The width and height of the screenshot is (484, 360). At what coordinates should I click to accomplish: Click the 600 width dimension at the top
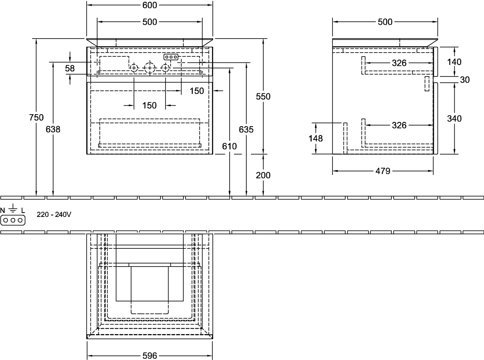coord(150,5)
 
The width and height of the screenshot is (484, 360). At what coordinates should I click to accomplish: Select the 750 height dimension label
coord(36,117)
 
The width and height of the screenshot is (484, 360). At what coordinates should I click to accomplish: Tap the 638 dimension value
coord(53,129)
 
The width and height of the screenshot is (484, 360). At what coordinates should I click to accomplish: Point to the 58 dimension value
coord(70,68)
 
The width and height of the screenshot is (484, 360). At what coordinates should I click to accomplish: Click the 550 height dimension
coord(263,97)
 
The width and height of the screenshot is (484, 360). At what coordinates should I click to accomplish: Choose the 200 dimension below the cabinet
coord(263,175)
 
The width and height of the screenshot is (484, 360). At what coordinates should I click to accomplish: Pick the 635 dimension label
coord(246,129)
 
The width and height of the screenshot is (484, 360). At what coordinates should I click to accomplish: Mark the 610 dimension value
coord(229,146)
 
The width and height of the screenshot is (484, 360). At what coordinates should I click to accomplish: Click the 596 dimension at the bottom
coord(150,356)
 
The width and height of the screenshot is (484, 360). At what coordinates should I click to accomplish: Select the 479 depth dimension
coord(383,171)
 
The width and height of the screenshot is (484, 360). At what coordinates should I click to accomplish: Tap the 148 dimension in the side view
coord(315,138)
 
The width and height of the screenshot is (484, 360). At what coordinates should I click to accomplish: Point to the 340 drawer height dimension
coord(454,118)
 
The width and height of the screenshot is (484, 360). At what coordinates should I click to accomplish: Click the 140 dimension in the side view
coord(454,62)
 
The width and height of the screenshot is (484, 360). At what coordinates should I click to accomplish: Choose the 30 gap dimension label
coord(465,80)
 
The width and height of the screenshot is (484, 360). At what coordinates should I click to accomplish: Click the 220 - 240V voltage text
coord(54,214)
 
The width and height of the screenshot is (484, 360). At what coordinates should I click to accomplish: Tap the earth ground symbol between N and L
coord(13,208)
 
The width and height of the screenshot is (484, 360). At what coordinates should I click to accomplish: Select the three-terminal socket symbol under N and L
coord(13,220)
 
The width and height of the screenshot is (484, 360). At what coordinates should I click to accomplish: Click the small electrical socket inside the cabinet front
coord(171,57)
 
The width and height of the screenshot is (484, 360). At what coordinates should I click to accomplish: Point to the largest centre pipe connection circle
coord(150,67)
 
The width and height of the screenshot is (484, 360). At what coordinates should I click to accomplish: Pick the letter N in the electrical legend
coord(3,211)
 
